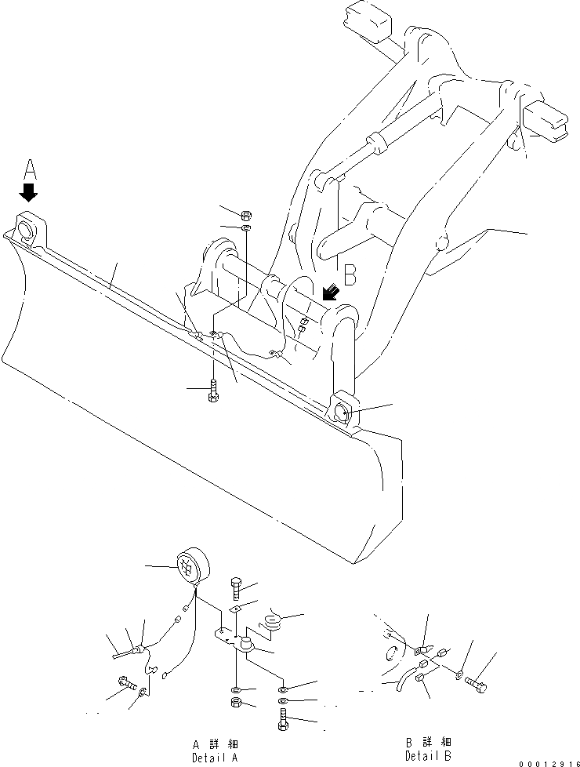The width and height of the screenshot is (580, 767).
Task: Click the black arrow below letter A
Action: point(29,192)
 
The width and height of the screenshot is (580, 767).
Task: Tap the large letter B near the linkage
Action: point(350,274)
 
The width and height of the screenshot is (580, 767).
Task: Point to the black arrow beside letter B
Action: point(330,293)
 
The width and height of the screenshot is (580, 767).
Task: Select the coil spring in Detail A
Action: point(272,622)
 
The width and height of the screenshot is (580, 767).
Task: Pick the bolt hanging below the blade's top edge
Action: point(213,390)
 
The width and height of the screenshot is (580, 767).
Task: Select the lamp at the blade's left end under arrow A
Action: point(27,229)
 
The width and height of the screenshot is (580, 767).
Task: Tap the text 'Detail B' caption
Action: point(427,755)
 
